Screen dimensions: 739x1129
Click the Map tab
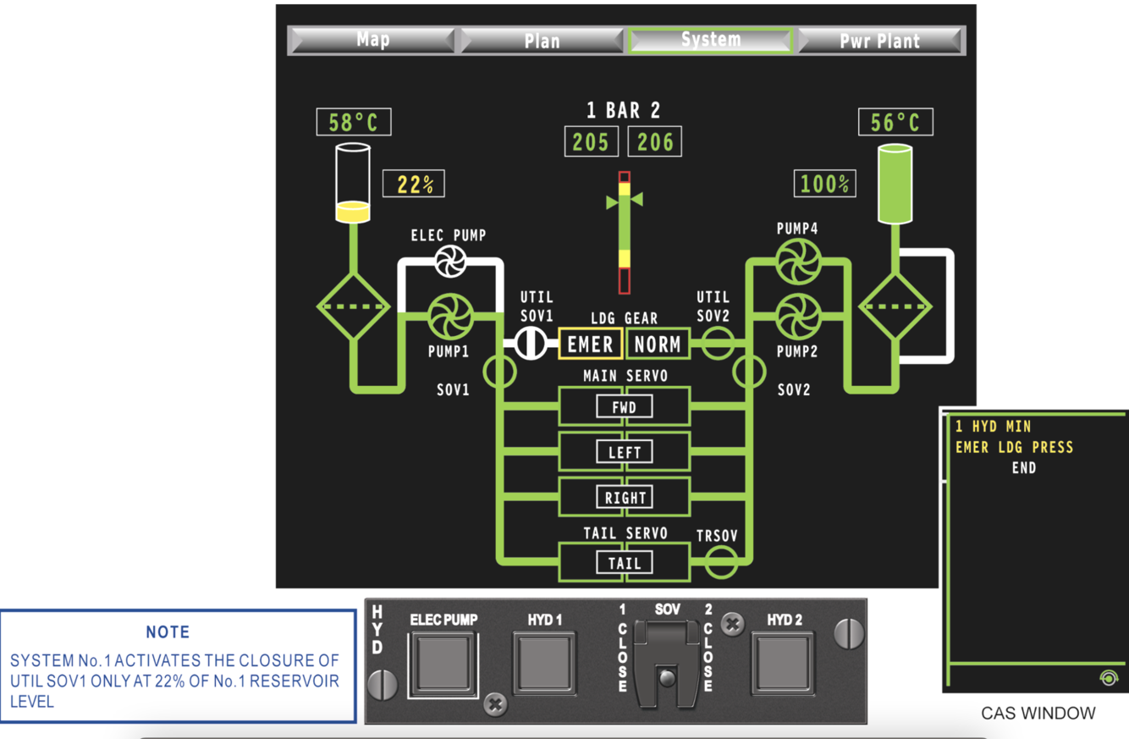[372, 40]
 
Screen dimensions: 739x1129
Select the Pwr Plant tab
[879, 41]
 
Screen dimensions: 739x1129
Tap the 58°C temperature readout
[354, 123]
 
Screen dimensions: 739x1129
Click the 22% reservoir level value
[414, 184]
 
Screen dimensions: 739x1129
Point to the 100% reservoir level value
[824, 184]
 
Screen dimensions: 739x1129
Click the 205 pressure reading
[590, 141]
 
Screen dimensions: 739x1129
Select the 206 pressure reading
[655, 141]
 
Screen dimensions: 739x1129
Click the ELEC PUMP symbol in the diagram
[450, 261]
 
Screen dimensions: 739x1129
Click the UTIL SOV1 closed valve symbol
[531, 344]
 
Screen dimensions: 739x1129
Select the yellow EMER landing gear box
[590, 344]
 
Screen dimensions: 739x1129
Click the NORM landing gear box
[658, 344]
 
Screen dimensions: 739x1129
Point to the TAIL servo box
[625, 562]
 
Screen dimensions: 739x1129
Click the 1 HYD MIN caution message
[994, 427]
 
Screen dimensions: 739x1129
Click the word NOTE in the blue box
[168, 632]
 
